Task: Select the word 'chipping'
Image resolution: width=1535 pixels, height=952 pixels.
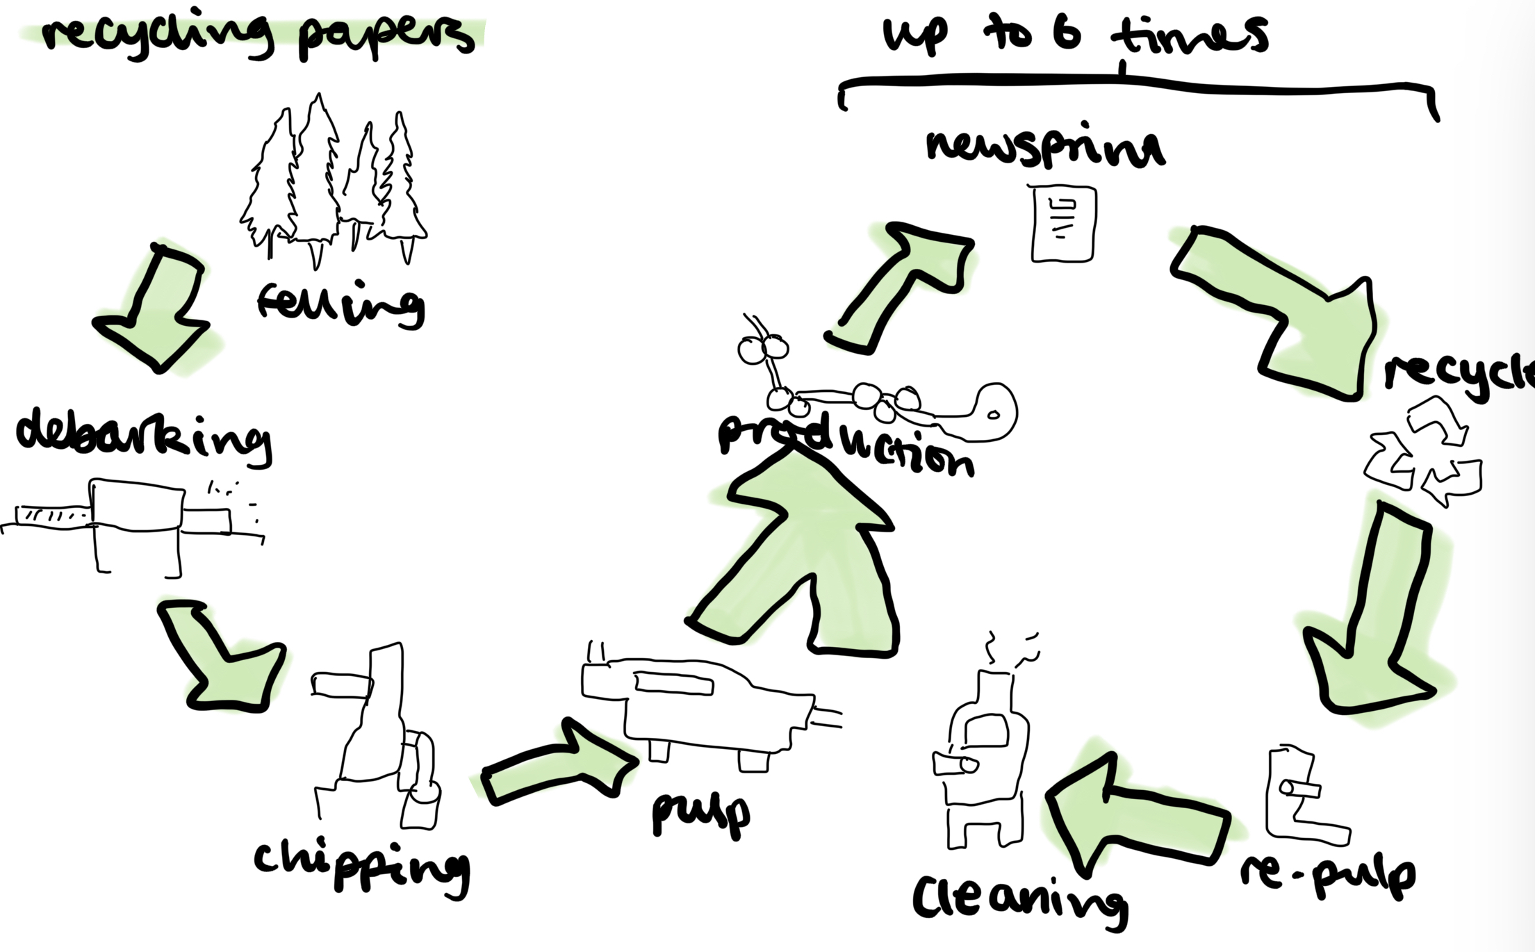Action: coord(361,865)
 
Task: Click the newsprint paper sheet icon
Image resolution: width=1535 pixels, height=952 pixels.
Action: coord(1063,224)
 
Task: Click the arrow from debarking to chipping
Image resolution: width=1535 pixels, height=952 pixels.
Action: coord(222,657)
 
